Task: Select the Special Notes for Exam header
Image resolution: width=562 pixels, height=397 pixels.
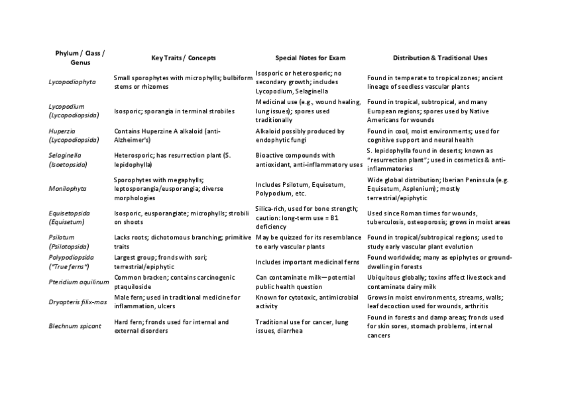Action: pos(310,58)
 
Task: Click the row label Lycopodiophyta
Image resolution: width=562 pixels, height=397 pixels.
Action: pos(72,82)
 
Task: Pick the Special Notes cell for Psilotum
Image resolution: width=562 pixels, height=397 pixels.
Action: pos(308,241)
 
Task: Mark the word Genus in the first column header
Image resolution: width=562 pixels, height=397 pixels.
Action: pos(80,62)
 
